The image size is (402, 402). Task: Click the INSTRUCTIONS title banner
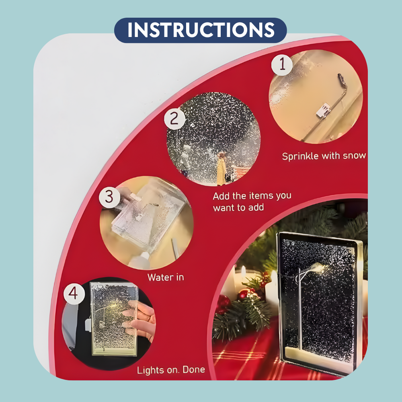[x=201, y=30]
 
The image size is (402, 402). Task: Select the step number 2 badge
[x=174, y=119]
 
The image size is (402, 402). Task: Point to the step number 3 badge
[x=109, y=197]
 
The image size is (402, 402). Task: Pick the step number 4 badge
[x=74, y=293]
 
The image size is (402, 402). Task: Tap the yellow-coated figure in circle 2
[x=221, y=169]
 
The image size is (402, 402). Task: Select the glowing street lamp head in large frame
[x=318, y=268]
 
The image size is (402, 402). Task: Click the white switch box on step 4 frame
[x=88, y=325]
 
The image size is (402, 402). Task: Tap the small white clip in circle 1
[x=323, y=111]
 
